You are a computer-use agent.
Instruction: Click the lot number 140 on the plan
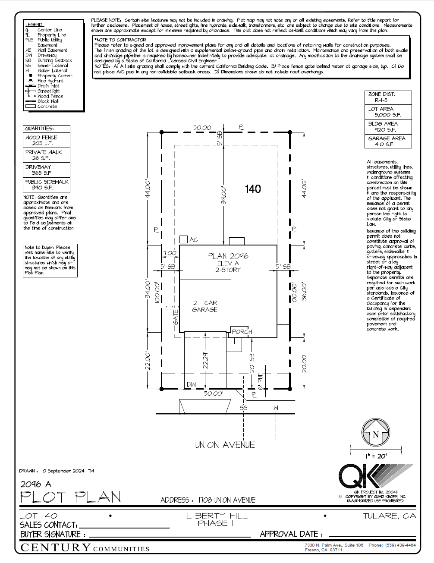click(253, 189)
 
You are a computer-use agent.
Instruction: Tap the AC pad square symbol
click(183, 239)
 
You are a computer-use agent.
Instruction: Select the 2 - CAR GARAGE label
click(204, 306)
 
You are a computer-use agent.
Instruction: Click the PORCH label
click(242, 332)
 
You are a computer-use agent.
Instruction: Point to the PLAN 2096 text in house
click(228, 256)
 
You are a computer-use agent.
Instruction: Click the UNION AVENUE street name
click(225, 445)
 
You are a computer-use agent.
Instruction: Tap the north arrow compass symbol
click(375, 434)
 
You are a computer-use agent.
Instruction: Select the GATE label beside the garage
click(176, 317)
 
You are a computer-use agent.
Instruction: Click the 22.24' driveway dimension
click(206, 360)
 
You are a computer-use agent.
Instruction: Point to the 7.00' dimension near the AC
click(170, 253)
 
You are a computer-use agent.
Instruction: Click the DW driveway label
click(191, 384)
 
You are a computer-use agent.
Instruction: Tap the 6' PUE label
click(260, 381)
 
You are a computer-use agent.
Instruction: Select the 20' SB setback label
click(252, 363)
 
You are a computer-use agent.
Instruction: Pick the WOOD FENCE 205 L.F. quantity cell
click(46, 140)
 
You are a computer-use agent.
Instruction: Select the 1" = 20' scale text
click(376, 456)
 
